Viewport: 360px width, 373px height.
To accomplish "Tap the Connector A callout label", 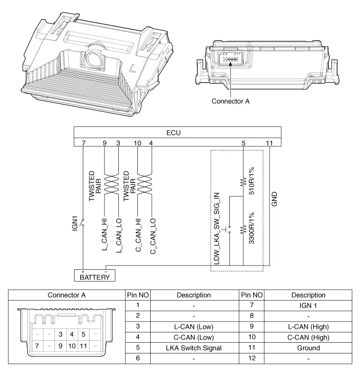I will click(x=230, y=101).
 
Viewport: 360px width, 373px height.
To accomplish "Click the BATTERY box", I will click(x=94, y=276).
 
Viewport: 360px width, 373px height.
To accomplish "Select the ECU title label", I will click(x=178, y=132).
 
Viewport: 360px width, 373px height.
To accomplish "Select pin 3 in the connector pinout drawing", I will click(x=60, y=334).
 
